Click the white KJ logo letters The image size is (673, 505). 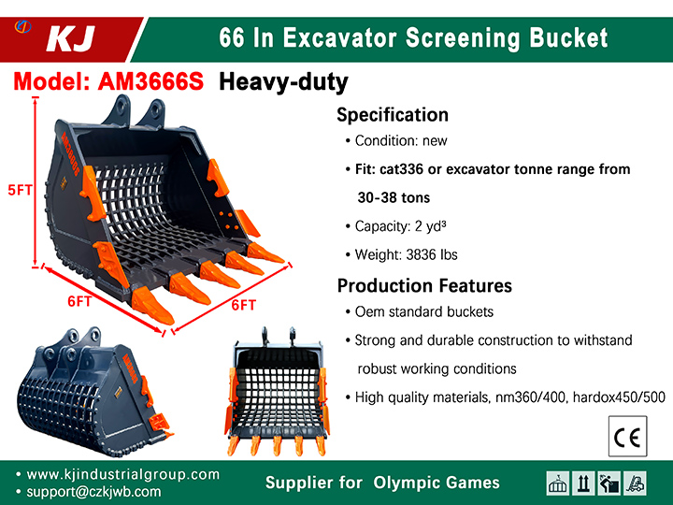click(x=70, y=39)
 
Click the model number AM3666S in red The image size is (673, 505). click(x=150, y=80)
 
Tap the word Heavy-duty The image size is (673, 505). click(x=283, y=82)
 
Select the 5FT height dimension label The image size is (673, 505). click(x=20, y=190)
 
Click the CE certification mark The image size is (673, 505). click(x=627, y=437)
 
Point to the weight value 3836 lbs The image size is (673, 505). click(x=432, y=254)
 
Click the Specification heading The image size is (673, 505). click(x=393, y=115)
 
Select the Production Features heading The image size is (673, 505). click(x=424, y=285)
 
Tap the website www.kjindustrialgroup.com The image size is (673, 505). click(x=122, y=474)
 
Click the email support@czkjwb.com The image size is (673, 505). click(x=93, y=492)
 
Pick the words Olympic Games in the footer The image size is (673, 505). click(x=437, y=483)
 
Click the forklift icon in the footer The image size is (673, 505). click(x=635, y=483)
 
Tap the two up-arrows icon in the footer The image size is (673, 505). click(x=583, y=483)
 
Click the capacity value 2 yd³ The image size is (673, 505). click(x=430, y=226)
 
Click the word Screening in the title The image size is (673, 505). click(x=463, y=37)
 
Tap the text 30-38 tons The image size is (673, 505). click(x=394, y=197)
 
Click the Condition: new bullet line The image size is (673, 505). click(x=396, y=141)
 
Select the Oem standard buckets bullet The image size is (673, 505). click(x=420, y=311)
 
